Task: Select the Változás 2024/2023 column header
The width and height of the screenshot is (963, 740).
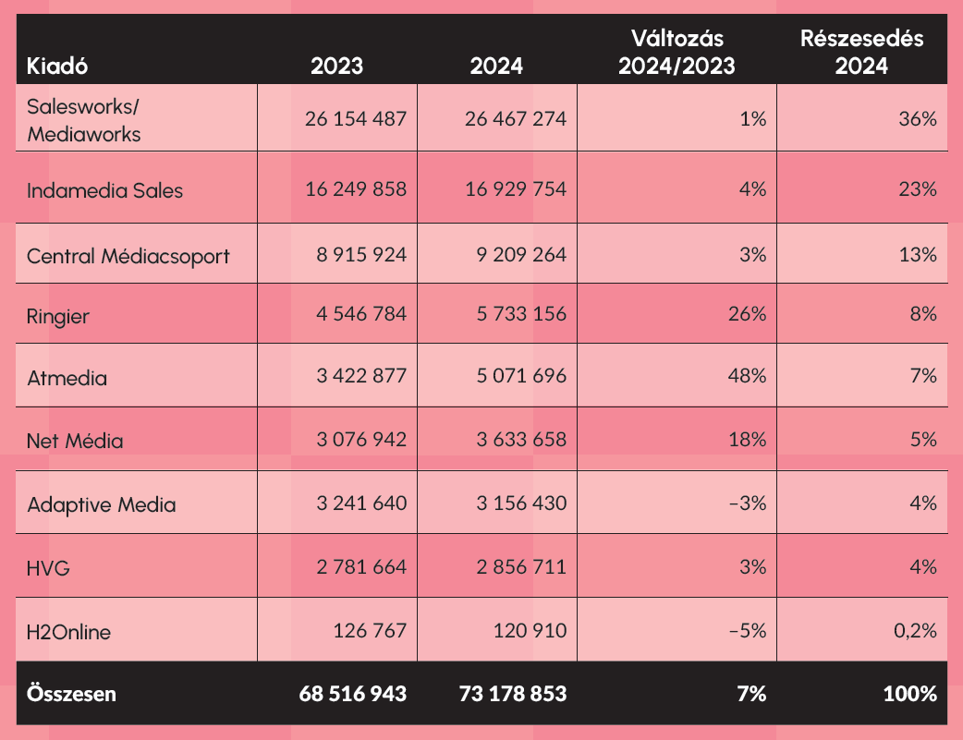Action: coord(677,53)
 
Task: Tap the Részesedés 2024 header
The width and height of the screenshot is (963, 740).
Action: coord(861,53)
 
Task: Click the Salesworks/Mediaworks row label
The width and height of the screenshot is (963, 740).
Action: coord(84,120)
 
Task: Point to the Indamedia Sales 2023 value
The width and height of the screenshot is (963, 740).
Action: coord(356,189)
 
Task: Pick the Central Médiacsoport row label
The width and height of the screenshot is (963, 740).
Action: coord(128,256)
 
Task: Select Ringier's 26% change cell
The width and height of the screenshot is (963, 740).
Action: coord(746,314)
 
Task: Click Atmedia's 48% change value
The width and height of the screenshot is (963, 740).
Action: coord(746,377)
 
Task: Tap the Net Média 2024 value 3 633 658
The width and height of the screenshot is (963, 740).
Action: coord(521,440)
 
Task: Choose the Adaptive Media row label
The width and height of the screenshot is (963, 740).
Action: coord(102,504)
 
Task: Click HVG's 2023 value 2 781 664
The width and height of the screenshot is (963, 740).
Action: coord(356,566)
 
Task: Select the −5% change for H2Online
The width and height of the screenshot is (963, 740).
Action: coord(747,631)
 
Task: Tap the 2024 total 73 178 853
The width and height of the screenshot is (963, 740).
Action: coord(513,693)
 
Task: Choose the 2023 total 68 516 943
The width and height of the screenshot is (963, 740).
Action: coord(353,693)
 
